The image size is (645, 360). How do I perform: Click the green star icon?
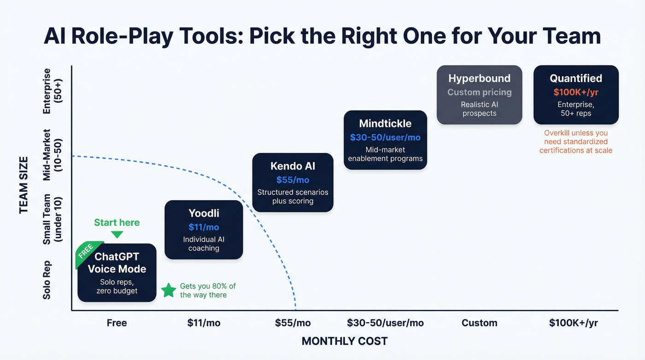click(169, 290)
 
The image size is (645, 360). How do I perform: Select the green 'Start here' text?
click(117, 223)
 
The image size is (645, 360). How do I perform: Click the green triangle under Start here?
click(117, 235)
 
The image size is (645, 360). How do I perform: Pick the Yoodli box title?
click(204, 213)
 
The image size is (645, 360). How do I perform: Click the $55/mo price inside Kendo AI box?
click(293, 180)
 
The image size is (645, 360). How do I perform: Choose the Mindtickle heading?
click(385, 124)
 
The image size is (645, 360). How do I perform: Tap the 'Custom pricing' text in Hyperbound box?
click(479, 92)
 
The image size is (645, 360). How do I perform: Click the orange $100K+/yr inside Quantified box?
click(576, 92)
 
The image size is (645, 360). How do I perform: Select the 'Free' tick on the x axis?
click(117, 323)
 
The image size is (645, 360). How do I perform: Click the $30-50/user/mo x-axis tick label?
click(385, 323)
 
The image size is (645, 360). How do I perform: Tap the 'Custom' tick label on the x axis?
click(479, 323)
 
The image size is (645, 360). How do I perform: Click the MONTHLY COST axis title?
click(344, 341)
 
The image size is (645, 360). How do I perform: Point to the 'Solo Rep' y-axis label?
click(47, 280)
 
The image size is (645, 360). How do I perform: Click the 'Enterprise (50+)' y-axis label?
click(52, 91)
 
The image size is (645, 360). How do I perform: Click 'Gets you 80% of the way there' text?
click(207, 290)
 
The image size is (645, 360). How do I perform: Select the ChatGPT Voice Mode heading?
click(117, 263)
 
